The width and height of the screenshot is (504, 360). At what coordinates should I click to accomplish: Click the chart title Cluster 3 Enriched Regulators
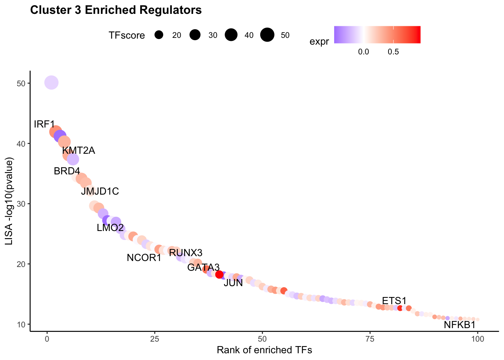pyautogui.click(x=116, y=10)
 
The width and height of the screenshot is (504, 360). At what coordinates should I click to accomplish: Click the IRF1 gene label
pyautogui.click(x=44, y=124)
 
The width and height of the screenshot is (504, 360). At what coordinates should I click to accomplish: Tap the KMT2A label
pyautogui.click(x=78, y=150)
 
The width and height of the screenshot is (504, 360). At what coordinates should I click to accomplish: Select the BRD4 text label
pyautogui.click(x=67, y=171)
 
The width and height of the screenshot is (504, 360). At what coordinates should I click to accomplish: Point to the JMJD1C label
pyautogui.click(x=100, y=191)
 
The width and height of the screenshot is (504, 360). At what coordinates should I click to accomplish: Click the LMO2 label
pyautogui.click(x=110, y=228)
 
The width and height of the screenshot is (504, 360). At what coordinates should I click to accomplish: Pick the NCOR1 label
pyautogui.click(x=144, y=258)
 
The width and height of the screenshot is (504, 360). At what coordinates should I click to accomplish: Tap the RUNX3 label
pyautogui.click(x=186, y=253)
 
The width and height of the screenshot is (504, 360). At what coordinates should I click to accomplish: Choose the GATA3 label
pyautogui.click(x=203, y=267)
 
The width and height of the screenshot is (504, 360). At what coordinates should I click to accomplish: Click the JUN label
pyautogui.click(x=233, y=283)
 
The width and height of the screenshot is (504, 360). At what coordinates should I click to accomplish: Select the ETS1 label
pyautogui.click(x=394, y=301)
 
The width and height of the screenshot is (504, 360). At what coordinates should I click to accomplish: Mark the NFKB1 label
pyautogui.click(x=460, y=325)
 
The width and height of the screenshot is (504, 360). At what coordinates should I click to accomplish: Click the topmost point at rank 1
pyautogui.click(x=51, y=82)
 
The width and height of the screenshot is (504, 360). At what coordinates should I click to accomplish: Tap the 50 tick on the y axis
pyautogui.click(x=21, y=84)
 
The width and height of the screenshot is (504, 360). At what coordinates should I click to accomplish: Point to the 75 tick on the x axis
pyautogui.click(x=370, y=339)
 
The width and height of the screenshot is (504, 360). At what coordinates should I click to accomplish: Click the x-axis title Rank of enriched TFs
pyautogui.click(x=264, y=350)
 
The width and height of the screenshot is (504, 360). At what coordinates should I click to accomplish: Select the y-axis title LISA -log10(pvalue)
pyautogui.click(x=9, y=201)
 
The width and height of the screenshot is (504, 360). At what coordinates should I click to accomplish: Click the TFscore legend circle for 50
pyautogui.click(x=267, y=35)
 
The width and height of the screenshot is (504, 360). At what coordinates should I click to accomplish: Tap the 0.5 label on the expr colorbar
pyautogui.click(x=393, y=52)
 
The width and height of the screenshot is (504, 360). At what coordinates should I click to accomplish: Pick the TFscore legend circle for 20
pyautogui.click(x=159, y=35)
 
